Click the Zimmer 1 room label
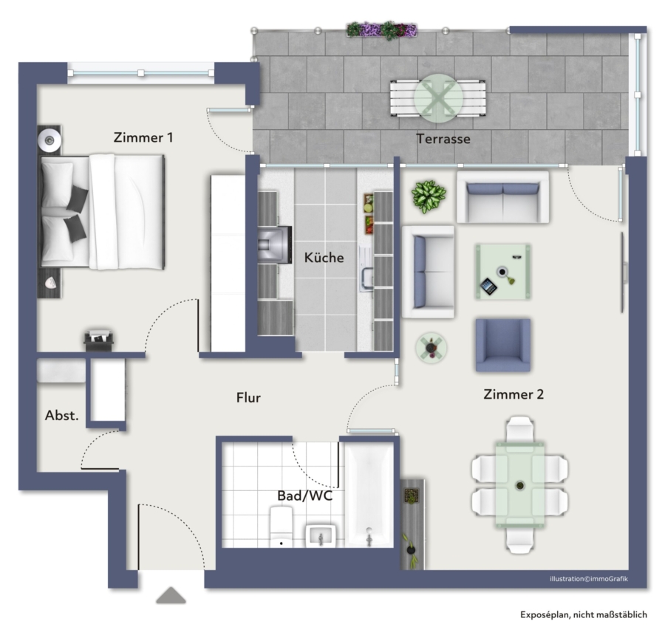[x=143, y=137]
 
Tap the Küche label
[x=324, y=257]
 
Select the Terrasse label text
[x=443, y=139]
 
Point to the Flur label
[x=248, y=397]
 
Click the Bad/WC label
[x=305, y=495]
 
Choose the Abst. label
[x=62, y=416]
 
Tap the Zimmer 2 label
[x=514, y=394]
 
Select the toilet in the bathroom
[x=281, y=527]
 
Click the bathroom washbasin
[x=321, y=536]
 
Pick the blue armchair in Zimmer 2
[x=503, y=345]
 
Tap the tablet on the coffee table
[x=488, y=287]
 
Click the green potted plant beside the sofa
[x=429, y=196]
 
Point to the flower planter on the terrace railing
[x=382, y=30]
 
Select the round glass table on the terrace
[x=438, y=98]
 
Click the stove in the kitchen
[x=274, y=245]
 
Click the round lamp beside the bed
[x=50, y=140]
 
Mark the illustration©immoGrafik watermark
[x=589, y=579]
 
